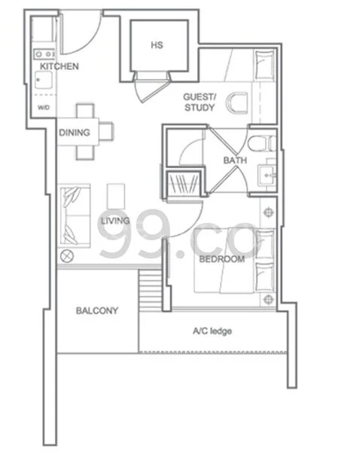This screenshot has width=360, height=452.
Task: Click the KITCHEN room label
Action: tap(59, 67)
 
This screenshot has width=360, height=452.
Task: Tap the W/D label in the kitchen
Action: tap(44, 108)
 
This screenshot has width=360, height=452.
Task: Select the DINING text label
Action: tap(75, 133)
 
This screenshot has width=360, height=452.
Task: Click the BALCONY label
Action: tap(96, 310)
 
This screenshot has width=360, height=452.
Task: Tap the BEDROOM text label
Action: tap(221, 259)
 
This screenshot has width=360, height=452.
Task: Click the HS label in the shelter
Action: tap(157, 45)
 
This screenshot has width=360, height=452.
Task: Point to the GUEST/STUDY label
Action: tap(200, 102)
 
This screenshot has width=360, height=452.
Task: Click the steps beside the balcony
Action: tap(151, 289)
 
